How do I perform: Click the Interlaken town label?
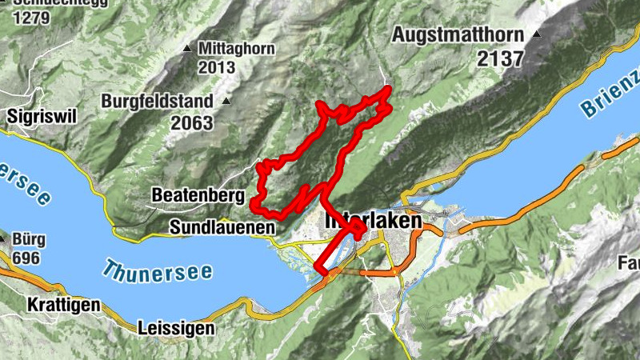(x=373, y=220)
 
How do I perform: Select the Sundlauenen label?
(x=222, y=228)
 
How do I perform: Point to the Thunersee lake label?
(x=158, y=270)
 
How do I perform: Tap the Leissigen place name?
(x=176, y=328)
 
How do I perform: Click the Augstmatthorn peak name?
(x=458, y=35)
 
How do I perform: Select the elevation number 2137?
(x=499, y=58)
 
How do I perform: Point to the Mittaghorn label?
(x=238, y=49)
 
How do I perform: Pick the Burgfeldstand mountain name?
(x=158, y=102)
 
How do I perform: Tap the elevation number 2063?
(x=191, y=123)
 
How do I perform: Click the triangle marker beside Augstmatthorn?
(x=538, y=34)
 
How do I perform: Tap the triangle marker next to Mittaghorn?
(x=187, y=50)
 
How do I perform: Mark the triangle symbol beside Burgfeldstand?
(x=227, y=102)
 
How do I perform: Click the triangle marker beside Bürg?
(x=3, y=238)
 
